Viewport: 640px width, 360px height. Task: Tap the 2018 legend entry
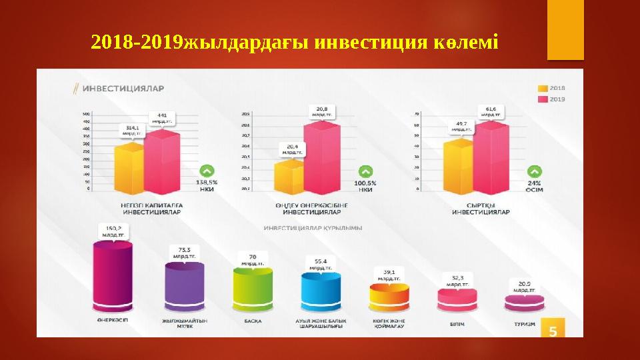point(551,88)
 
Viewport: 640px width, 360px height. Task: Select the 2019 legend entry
point(551,99)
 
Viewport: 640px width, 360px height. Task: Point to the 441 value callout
point(162,118)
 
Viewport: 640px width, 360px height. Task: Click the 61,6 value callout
point(491,111)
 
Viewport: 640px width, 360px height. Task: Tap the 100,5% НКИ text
point(366,186)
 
